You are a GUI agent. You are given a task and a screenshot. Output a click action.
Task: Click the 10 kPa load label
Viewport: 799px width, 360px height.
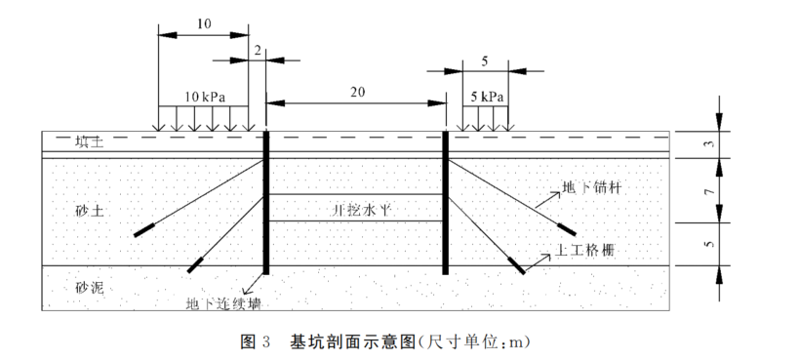(205, 98)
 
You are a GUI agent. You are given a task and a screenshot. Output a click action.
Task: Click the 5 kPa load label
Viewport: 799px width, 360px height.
(487, 98)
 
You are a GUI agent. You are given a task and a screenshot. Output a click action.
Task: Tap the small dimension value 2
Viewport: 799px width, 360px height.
(257, 48)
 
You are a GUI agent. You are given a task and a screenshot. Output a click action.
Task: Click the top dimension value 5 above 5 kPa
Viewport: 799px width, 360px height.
(485, 60)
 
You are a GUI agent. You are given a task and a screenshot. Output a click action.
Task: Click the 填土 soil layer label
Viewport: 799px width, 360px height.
(89, 142)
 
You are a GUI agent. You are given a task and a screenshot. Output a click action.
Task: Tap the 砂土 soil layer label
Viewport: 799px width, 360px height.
(89, 210)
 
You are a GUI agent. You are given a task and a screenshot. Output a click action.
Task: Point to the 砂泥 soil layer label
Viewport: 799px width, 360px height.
(89, 288)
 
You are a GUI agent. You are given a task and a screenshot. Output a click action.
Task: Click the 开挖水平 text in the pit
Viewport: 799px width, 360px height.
(356, 210)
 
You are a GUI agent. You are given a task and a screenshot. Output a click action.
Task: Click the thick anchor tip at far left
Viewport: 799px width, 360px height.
(145, 230)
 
